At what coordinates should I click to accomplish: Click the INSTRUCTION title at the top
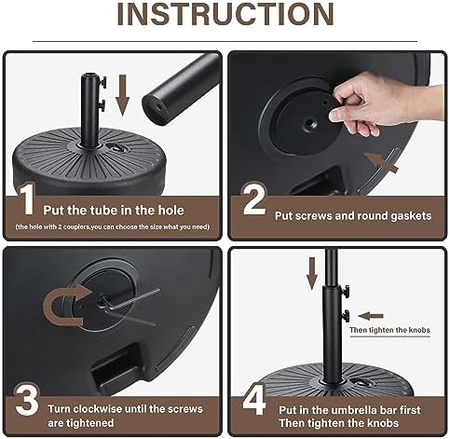(225, 14)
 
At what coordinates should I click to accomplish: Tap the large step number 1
(28, 199)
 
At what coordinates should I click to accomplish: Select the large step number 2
(254, 199)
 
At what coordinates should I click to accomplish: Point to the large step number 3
(27, 399)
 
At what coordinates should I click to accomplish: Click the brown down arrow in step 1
(122, 95)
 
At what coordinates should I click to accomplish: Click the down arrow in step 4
(312, 273)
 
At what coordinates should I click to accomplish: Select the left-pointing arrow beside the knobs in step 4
(371, 316)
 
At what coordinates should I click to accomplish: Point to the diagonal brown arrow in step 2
(381, 162)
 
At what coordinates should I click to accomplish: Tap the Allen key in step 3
(130, 300)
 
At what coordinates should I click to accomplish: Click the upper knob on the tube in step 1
(102, 82)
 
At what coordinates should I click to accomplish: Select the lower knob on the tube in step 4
(346, 316)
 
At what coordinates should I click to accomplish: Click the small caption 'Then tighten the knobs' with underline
(389, 330)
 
